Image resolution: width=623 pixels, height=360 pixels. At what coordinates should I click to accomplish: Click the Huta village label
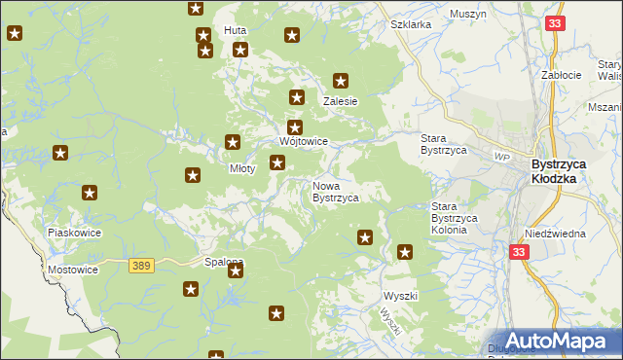click(x=235, y=31)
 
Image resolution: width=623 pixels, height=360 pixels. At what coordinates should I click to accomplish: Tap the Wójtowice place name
click(x=303, y=142)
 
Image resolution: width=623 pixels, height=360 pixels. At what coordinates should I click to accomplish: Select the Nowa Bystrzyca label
click(x=335, y=191)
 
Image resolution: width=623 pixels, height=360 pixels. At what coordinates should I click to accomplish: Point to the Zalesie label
click(x=341, y=101)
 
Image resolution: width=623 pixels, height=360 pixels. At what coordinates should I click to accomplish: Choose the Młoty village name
click(x=241, y=168)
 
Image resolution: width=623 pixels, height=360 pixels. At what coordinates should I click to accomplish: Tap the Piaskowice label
click(x=75, y=234)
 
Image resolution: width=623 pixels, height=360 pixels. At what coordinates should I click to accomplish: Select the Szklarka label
click(x=410, y=24)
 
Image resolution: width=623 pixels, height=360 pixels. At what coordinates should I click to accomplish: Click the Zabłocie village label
click(x=562, y=75)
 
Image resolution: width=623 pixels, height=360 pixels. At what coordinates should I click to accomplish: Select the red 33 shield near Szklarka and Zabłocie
click(x=555, y=23)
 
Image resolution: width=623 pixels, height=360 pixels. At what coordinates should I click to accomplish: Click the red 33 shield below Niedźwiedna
click(x=519, y=251)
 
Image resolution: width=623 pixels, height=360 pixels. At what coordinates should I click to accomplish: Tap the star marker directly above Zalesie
click(x=341, y=81)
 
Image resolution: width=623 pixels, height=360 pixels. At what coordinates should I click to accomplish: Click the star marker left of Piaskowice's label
click(x=90, y=194)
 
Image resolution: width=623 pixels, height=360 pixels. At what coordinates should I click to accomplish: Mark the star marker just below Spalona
click(x=235, y=271)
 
